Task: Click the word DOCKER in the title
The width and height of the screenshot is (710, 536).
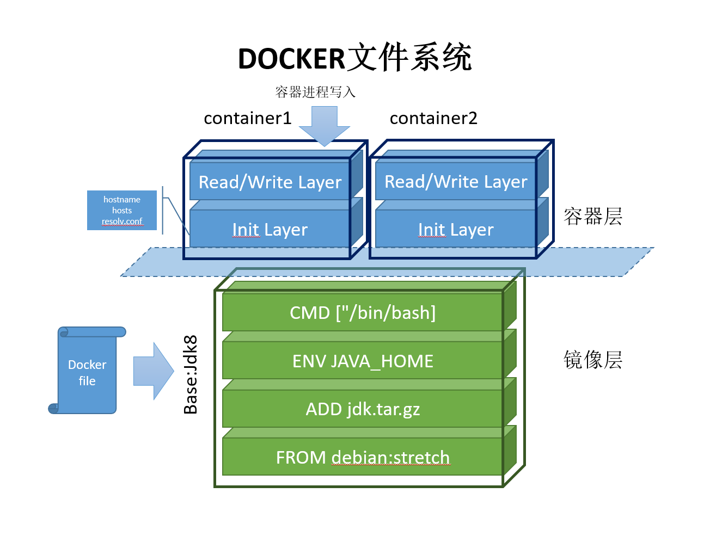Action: tap(291, 59)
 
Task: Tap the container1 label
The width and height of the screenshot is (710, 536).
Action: tap(247, 118)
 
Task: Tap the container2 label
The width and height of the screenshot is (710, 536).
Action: tap(433, 118)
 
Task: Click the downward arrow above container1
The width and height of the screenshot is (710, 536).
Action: tap(324, 126)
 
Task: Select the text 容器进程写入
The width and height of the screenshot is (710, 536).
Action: tap(315, 92)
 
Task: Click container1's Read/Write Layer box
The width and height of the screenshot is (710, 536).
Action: tap(270, 181)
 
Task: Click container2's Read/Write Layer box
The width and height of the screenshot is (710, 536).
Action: tap(456, 181)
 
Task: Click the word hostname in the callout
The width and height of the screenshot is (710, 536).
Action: tap(121, 200)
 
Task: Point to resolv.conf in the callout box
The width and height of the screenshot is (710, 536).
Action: tap(122, 221)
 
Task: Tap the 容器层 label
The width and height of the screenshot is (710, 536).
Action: tap(592, 216)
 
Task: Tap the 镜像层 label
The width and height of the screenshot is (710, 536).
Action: tap(592, 359)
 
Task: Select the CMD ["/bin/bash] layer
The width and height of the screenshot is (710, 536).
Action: tap(362, 312)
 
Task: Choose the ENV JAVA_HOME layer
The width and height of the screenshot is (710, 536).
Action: tap(362, 360)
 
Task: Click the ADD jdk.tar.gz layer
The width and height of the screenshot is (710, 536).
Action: tap(362, 409)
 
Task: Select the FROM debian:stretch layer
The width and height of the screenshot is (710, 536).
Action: tap(362, 457)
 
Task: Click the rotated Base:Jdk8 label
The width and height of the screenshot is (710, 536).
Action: tap(190, 374)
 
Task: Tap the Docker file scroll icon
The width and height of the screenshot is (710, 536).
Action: tap(87, 370)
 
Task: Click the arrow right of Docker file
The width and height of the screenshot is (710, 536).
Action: tap(154, 371)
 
